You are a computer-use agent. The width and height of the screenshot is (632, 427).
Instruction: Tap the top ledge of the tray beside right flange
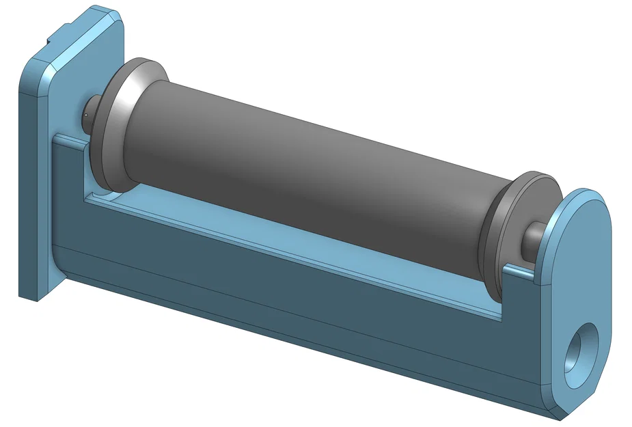coord(519,272)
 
